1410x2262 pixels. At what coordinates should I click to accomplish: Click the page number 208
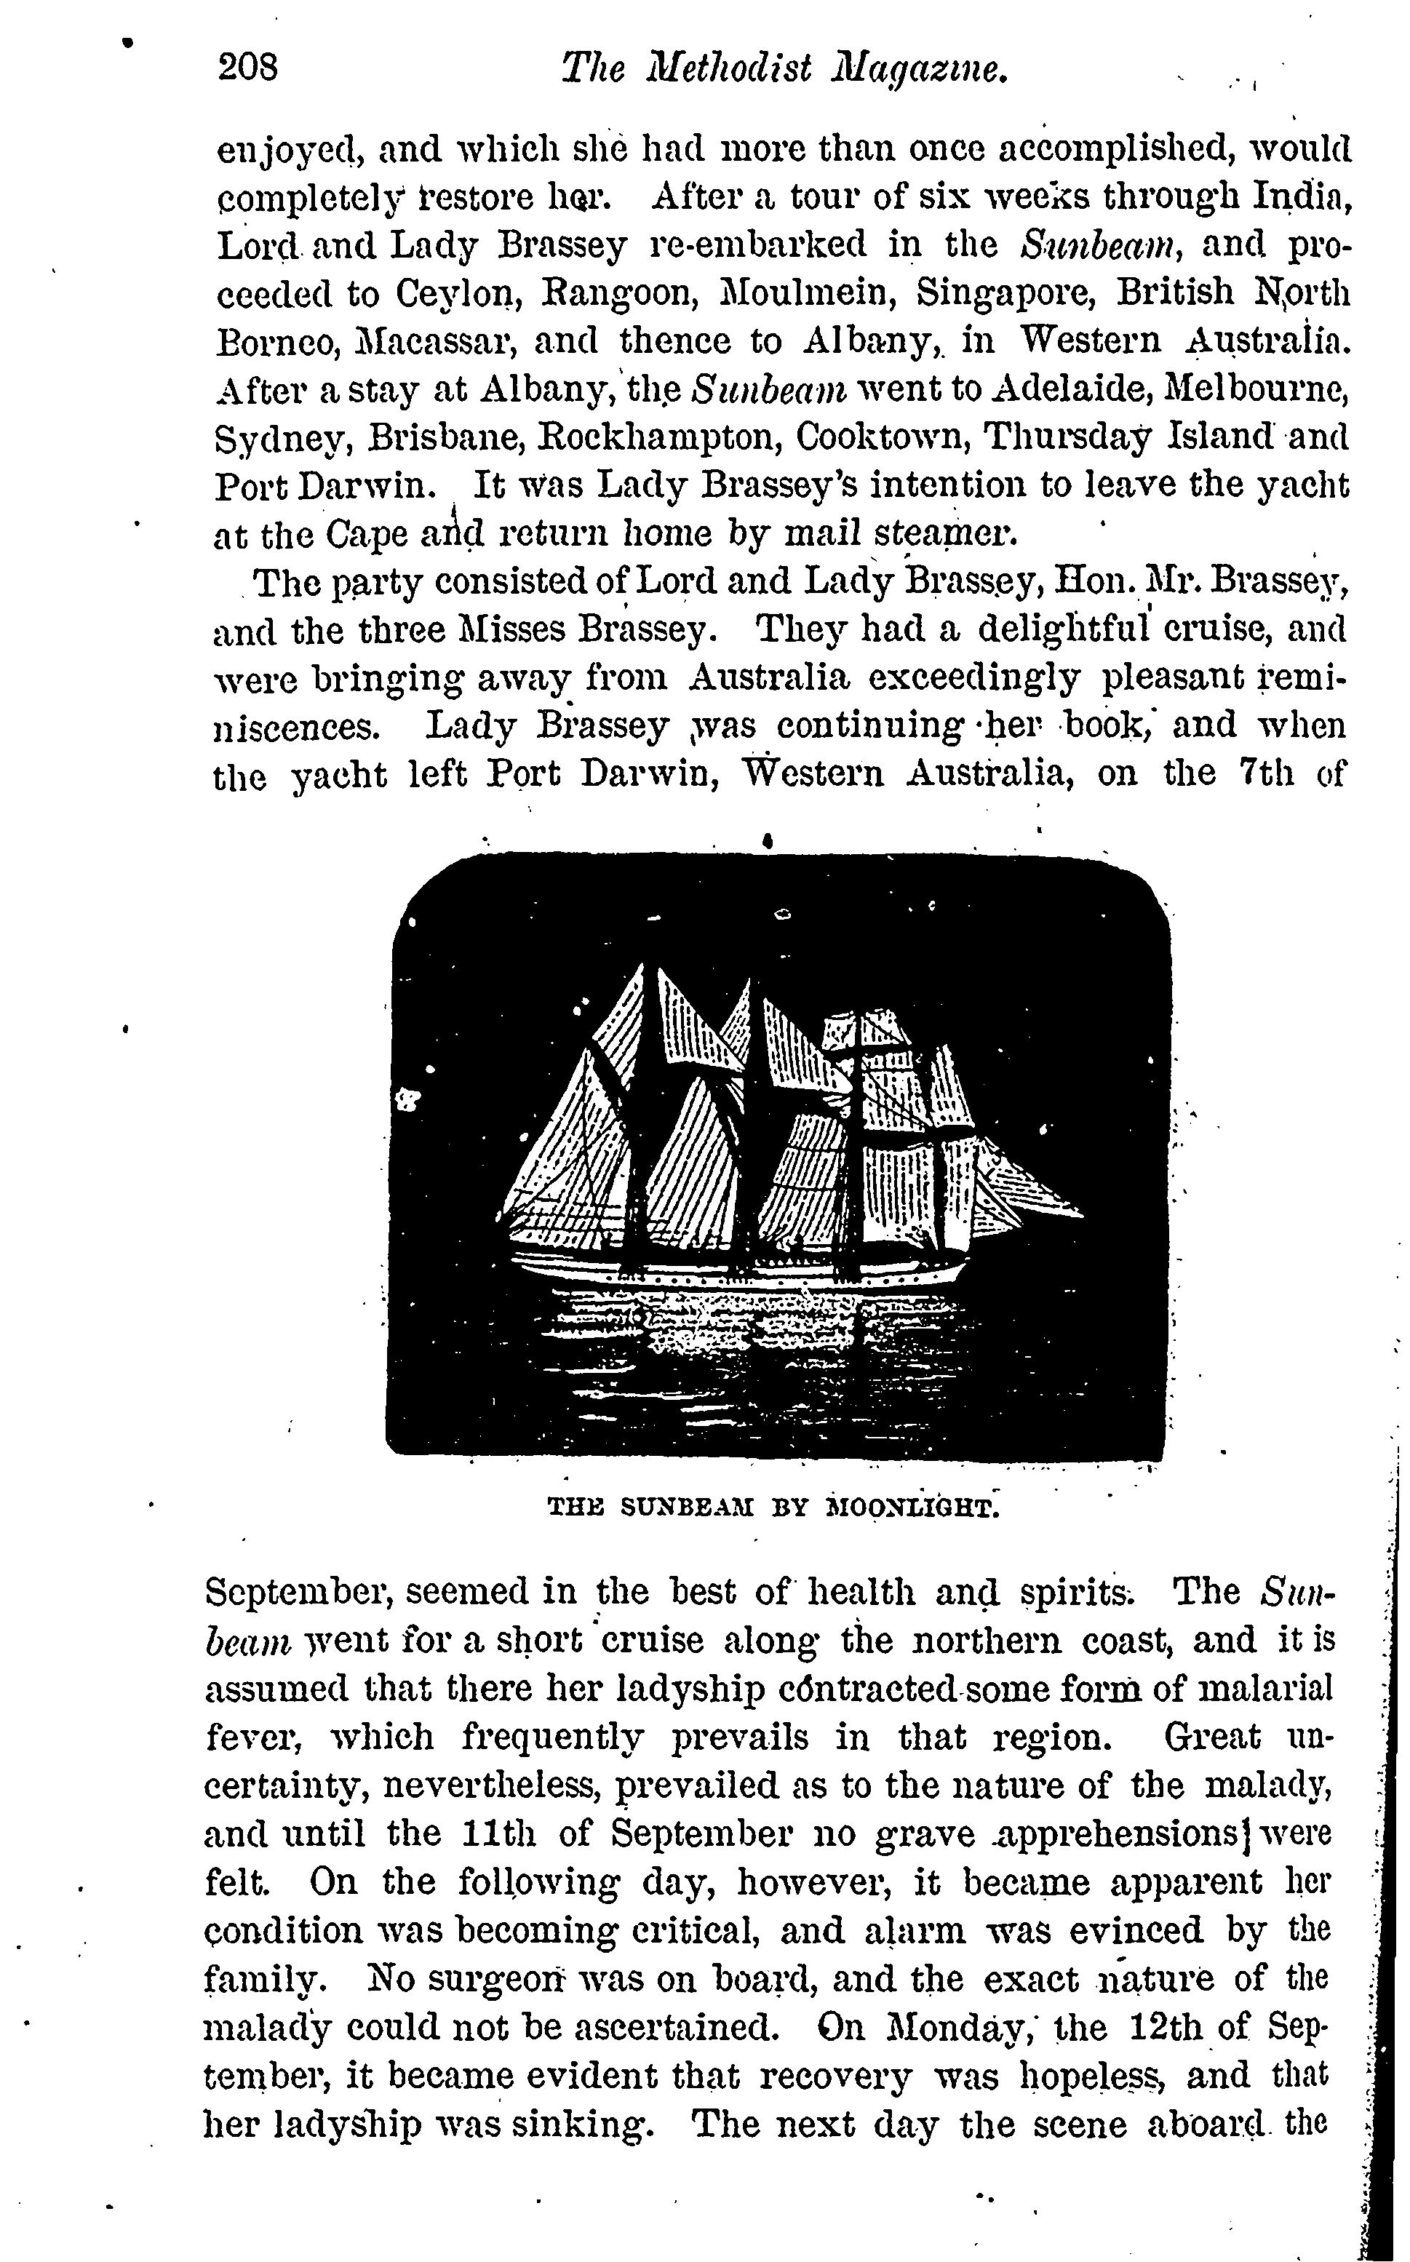pos(247,68)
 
